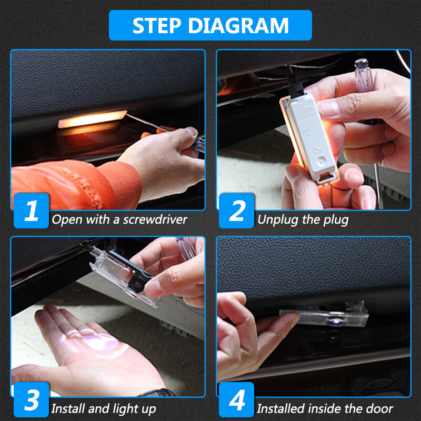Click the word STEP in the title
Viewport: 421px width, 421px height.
pyautogui.click(x=155, y=25)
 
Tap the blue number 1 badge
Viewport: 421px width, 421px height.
pyautogui.click(x=31, y=210)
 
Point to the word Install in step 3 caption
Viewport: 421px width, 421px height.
pyautogui.click(x=69, y=408)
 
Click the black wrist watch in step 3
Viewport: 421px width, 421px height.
pyautogui.click(x=158, y=393)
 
